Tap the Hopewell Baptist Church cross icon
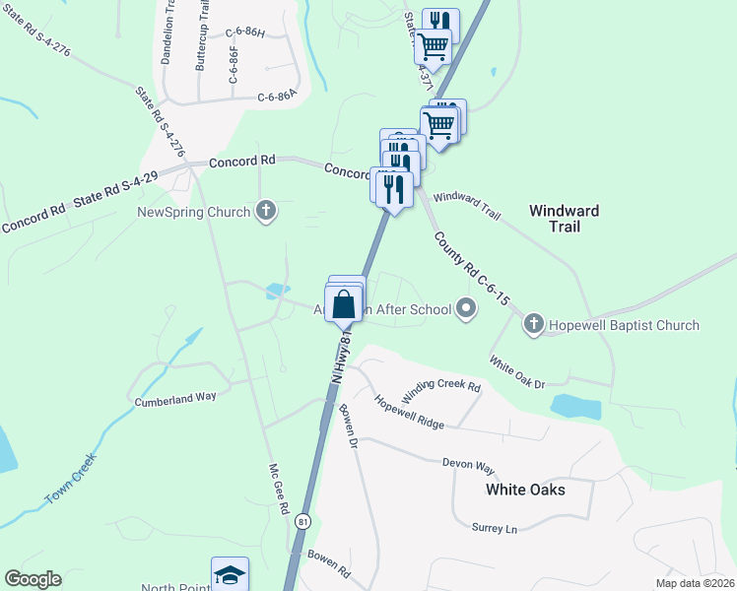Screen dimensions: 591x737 533,324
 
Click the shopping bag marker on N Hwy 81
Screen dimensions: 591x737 344,302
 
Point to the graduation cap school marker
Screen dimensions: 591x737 230,574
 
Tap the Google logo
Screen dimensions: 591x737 33,579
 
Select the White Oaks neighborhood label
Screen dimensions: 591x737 526,489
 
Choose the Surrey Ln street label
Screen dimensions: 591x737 494,529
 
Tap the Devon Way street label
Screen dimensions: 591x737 468,463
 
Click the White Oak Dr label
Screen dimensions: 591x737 516,373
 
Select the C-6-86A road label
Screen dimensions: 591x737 277,97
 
